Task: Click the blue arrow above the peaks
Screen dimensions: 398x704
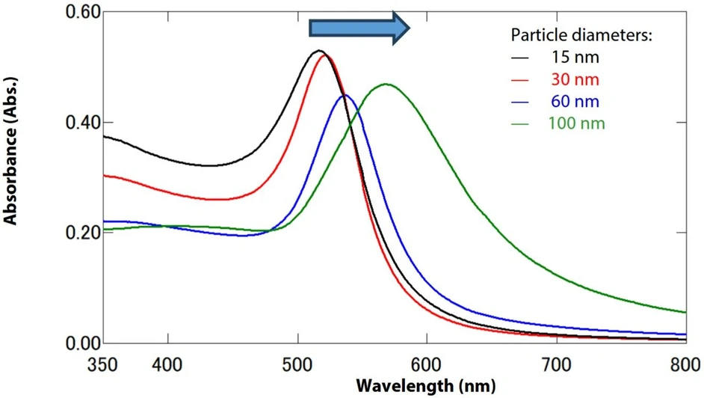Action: coord(359,28)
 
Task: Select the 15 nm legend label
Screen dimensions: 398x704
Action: coord(575,57)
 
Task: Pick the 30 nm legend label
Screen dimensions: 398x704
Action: coord(575,79)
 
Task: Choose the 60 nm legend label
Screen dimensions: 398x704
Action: coord(575,101)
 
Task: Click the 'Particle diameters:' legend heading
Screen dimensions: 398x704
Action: coord(582,35)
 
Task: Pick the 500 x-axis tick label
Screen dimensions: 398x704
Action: coord(297,367)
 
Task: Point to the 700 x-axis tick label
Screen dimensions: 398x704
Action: coord(556,367)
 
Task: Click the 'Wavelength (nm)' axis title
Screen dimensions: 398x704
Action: coord(425,386)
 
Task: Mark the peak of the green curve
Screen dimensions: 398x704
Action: coord(386,84)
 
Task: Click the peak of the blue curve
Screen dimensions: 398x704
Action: coord(345,95)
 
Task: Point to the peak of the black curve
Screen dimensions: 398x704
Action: coord(319,51)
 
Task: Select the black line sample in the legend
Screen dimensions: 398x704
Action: coord(520,58)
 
